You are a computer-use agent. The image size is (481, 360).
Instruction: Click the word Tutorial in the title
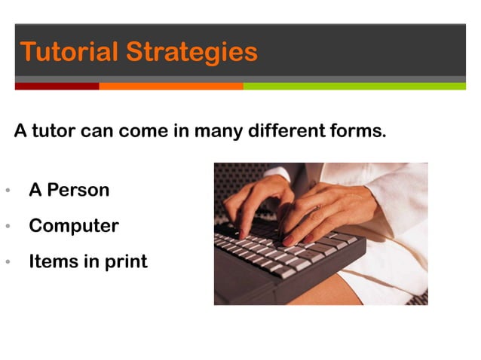pyautogui.click(x=69, y=52)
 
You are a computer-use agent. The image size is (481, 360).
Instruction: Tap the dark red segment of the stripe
pyautogui.click(x=57, y=86)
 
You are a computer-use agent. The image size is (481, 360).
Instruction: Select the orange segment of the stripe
pyautogui.click(x=170, y=86)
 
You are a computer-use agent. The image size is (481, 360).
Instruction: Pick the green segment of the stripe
pyautogui.click(x=354, y=86)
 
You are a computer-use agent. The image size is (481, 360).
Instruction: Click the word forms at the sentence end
pyautogui.click(x=361, y=132)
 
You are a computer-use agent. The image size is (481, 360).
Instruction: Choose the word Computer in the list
pyautogui.click(x=73, y=226)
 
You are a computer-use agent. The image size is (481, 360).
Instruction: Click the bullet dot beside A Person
pyautogui.click(x=7, y=191)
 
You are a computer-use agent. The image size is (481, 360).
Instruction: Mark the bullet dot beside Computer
pyautogui.click(x=7, y=227)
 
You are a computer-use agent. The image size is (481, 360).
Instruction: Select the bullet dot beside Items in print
pyautogui.click(x=7, y=263)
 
